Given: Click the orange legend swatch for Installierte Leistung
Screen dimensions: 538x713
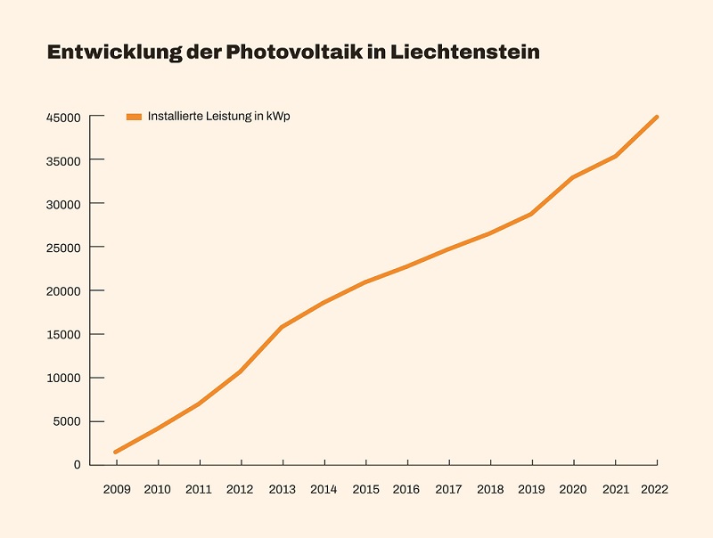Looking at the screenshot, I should click(134, 117).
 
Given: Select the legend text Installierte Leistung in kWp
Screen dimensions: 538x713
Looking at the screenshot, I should click(219, 117).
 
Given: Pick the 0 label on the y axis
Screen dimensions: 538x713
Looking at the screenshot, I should click(78, 465).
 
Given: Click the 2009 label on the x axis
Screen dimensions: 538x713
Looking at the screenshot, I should click(116, 489).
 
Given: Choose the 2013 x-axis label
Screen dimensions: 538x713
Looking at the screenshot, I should click(283, 489).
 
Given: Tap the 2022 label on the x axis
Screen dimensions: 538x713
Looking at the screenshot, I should click(655, 489).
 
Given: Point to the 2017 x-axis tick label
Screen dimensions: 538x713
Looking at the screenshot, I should click(449, 489).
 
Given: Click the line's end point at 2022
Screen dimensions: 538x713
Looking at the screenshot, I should click(657, 117).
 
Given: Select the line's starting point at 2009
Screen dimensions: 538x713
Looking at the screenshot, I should click(116, 452).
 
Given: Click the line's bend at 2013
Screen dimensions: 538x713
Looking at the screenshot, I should click(283, 327).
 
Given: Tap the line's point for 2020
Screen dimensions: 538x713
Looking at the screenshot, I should click(574, 177).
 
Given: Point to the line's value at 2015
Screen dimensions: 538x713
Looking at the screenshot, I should click(365, 282).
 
